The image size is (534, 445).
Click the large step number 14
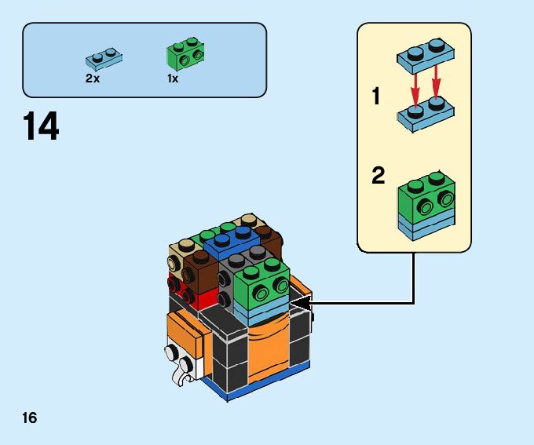[41, 127]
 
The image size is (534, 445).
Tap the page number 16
[30, 417]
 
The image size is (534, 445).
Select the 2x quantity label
[93, 78]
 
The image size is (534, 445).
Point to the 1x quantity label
[173, 78]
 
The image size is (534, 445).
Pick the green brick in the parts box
[185, 55]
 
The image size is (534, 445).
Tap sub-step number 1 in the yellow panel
[376, 97]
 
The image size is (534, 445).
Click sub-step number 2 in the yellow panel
[378, 176]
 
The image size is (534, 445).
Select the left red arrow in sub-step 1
[412, 79]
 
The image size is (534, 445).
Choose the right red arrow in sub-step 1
[437, 79]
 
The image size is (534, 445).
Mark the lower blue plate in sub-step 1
[425, 115]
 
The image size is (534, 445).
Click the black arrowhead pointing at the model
[300, 302]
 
